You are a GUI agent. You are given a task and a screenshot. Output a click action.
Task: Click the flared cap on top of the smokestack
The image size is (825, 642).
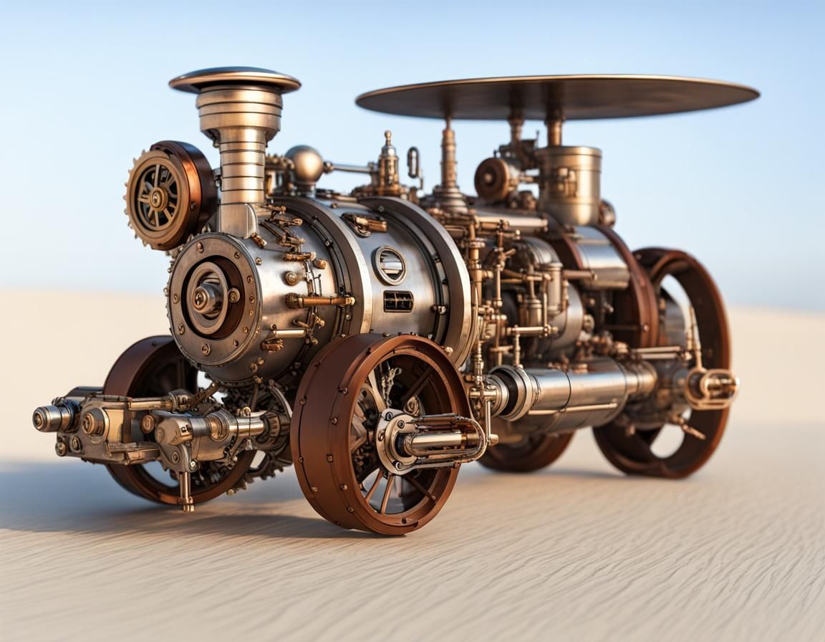234,80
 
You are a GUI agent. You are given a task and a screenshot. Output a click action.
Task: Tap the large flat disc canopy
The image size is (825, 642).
557,96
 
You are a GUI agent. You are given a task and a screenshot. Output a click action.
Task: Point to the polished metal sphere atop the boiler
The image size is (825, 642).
305,164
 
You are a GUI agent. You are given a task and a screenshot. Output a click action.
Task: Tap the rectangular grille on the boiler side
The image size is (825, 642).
398,301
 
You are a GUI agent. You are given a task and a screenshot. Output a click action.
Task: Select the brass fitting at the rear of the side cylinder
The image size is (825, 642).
711,388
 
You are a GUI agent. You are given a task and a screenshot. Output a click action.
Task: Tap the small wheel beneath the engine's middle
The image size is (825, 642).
526,451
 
